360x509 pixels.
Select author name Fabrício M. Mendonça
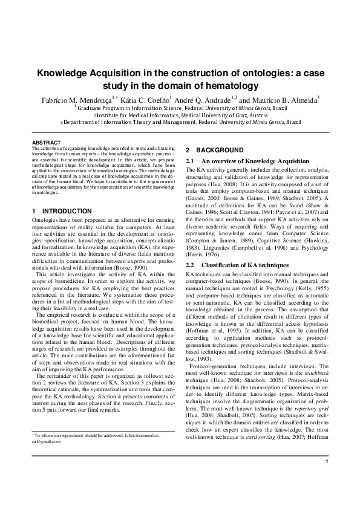[x=72, y=99]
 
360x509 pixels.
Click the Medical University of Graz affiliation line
[x=180, y=114]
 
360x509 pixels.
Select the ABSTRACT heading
[x=45, y=142]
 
